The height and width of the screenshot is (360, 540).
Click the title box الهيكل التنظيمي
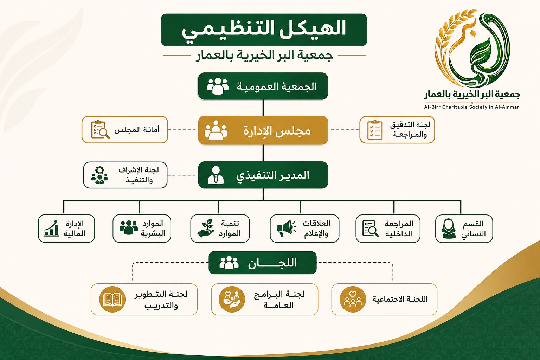point(264,30)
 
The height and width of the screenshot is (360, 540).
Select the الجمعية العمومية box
point(263,86)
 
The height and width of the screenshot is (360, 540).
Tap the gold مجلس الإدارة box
point(263,130)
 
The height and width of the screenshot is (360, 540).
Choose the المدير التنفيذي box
point(263,175)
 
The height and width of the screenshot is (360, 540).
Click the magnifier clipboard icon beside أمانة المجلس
point(100,129)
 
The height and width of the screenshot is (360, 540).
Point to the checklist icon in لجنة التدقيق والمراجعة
point(375,130)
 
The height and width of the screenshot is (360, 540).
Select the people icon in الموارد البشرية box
point(129,227)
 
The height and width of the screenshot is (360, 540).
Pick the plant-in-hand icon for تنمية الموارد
point(206,228)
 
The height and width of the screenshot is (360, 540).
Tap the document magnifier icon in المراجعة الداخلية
point(370,229)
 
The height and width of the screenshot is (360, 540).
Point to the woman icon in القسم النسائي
point(449,229)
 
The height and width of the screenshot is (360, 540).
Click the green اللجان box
point(263,263)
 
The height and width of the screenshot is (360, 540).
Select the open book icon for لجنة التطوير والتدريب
point(112,299)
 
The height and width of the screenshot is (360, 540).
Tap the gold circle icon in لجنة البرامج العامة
point(232,299)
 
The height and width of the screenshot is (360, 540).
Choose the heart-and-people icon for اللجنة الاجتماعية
point(353,299)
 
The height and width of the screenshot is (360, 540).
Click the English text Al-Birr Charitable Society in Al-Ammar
point(471,107)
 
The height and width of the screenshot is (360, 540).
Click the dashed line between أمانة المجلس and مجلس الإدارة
point(182,130)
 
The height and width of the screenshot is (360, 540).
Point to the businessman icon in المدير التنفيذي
point(216,175)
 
